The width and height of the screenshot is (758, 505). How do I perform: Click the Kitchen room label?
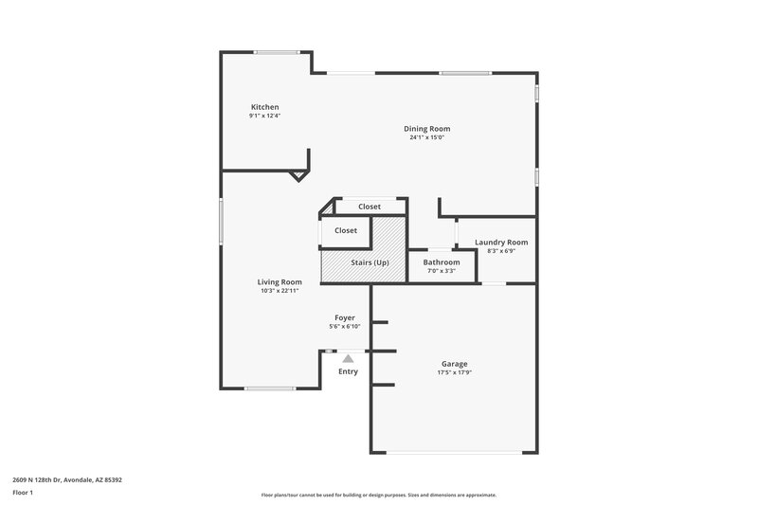(264, 107)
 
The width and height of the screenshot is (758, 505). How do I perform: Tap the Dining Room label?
(426, 129)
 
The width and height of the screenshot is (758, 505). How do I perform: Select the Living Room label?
(280, 282)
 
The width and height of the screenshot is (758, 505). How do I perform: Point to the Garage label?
(454, 364)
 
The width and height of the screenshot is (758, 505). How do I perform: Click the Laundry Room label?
(501, 243)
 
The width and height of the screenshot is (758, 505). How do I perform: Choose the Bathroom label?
(442, 262)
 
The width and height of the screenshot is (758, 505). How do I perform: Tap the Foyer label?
(345, 317)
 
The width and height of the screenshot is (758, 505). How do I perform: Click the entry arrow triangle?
(348, 358)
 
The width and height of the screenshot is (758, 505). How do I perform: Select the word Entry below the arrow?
(349, 371)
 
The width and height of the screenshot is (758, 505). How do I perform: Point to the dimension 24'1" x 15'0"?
(426, 137)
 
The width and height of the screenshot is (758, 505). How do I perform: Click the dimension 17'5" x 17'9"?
(454, 372)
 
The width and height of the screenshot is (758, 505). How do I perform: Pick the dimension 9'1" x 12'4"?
(264, 116)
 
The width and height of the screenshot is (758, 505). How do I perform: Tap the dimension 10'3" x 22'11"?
(280, 291)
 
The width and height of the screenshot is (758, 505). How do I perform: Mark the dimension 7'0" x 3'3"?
(442, 271)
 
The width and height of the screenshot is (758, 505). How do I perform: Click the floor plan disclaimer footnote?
(378, 495)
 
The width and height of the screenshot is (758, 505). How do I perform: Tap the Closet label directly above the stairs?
(346, 230)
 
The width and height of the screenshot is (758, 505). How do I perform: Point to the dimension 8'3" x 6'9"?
(501, 251)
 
